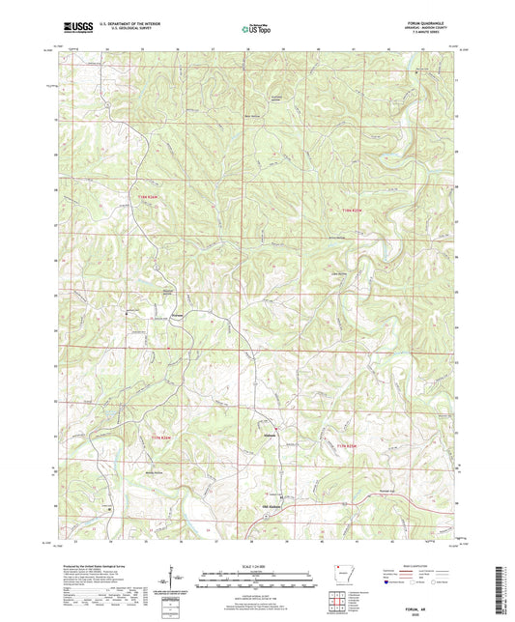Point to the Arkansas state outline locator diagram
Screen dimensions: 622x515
(x=340, y=578)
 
